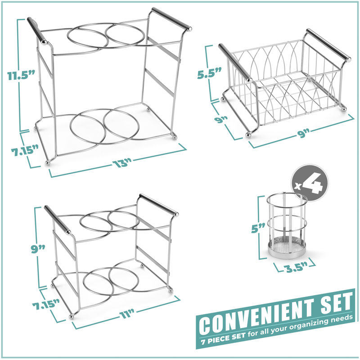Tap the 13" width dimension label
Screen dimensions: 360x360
pos(121,164)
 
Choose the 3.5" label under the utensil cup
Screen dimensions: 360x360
pos(292,270)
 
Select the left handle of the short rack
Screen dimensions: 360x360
pos(58,220)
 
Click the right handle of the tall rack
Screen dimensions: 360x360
pos(171,19)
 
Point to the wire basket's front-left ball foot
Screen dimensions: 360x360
pos(247,134)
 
